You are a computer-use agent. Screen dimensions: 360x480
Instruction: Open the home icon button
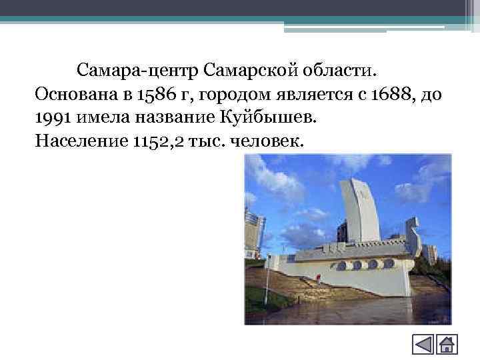pos(447,345)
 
